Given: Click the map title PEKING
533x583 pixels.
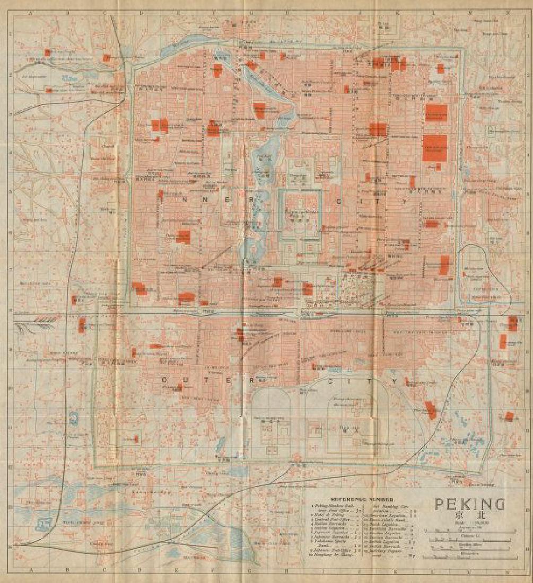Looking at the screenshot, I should tap(470, 503).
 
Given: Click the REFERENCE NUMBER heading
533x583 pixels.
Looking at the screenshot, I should tap(361, 499).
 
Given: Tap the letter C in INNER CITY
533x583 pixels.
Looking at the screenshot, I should tap(338, 201).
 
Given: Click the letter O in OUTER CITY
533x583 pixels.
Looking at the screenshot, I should tap(164, 379).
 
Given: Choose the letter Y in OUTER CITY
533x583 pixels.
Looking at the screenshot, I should tap(395, 381).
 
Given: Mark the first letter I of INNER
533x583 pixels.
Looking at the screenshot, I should tap(160, 195).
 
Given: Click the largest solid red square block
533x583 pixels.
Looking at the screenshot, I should tap(435, 147).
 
